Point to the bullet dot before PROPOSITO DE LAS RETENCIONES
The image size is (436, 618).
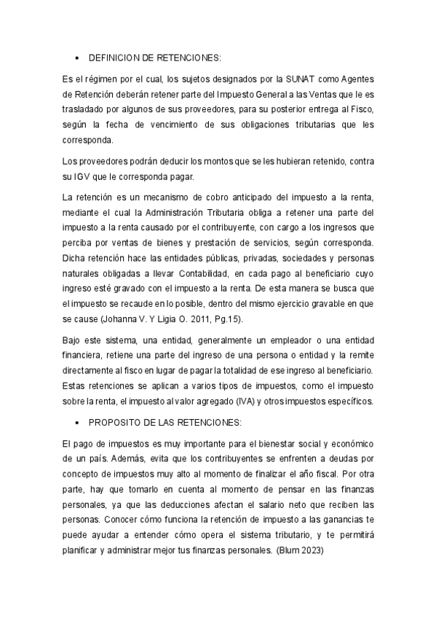coord(76,423)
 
